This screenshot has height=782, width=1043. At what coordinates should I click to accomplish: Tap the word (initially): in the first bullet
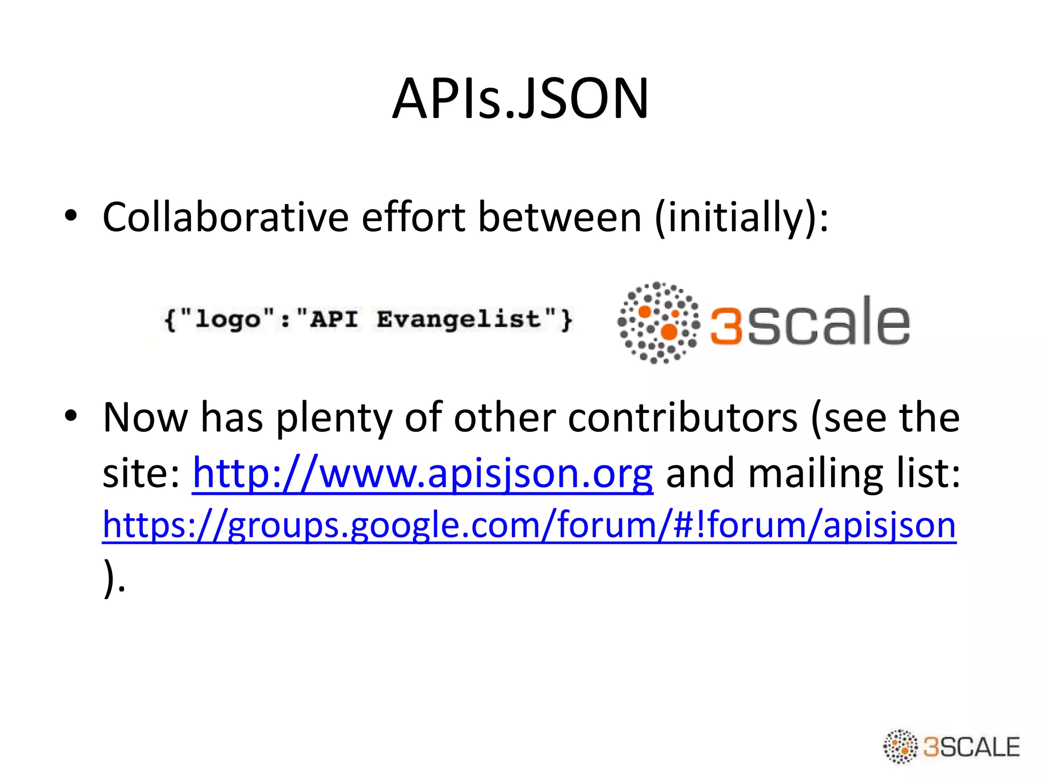[x=742, y=217]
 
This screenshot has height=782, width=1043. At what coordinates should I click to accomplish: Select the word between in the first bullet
[x=560, y=217]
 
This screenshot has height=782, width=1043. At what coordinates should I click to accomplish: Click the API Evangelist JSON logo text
[x=368, y=320]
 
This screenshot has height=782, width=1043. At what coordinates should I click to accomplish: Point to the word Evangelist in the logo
[x=458, y=320]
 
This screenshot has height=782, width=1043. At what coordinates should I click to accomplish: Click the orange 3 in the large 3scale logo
[x=726, y=325]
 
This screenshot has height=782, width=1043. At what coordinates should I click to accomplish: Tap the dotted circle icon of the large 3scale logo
[x=658, y=322]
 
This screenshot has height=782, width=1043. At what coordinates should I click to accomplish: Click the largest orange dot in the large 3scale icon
[x=669, y=332]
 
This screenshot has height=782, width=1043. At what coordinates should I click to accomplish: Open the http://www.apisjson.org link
[x=423, y=473]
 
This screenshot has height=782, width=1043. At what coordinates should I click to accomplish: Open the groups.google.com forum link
[x=529, y=525]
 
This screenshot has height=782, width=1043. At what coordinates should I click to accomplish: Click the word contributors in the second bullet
[x=682, y=417]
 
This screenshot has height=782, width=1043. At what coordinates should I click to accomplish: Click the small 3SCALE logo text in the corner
[x=971, y=747]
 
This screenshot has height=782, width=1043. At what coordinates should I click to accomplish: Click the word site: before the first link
[x=141, y=473]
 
